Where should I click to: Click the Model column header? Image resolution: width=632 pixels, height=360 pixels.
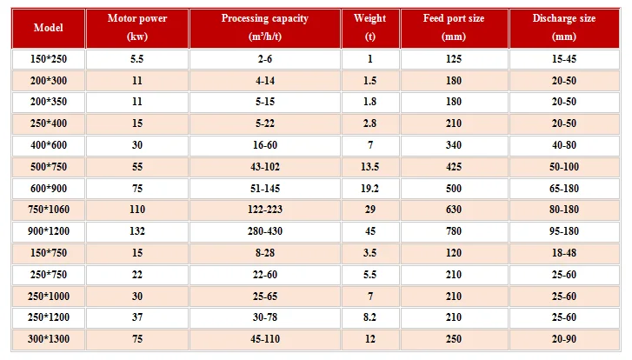point(49,28)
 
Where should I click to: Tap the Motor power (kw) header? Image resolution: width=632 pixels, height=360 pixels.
point(137,27)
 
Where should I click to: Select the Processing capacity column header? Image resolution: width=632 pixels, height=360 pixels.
point(265,27)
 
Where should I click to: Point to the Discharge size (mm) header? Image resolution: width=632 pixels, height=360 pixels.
point(564,27)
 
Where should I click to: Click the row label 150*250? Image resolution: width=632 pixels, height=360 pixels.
point(49,59)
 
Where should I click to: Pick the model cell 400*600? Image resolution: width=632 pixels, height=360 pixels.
point(49,145)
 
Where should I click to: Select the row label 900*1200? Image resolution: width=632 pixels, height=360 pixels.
point(49,231)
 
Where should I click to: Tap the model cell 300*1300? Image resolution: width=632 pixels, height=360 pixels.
point(49,338)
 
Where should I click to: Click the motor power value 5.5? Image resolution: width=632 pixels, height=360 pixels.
point(137,59)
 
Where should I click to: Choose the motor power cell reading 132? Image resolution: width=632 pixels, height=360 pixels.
point(137,231)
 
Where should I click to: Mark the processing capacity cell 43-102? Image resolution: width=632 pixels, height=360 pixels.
point(265,166)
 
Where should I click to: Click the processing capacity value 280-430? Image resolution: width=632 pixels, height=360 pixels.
point(265,231)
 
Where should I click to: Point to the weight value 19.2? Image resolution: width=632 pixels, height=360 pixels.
point(370,189)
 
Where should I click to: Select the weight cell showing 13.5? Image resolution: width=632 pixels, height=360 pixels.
point(370,166)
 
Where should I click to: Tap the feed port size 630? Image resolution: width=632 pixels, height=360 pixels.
point(454,210)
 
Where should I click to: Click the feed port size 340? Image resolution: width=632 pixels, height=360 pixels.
point(454,145)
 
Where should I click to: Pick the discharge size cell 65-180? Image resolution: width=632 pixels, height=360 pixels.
point(564,189)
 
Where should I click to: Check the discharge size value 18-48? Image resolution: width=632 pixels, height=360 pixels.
point(564,253)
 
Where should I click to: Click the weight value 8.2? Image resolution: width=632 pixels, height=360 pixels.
point(370,317)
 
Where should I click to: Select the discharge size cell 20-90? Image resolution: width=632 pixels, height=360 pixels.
point(564,338)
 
